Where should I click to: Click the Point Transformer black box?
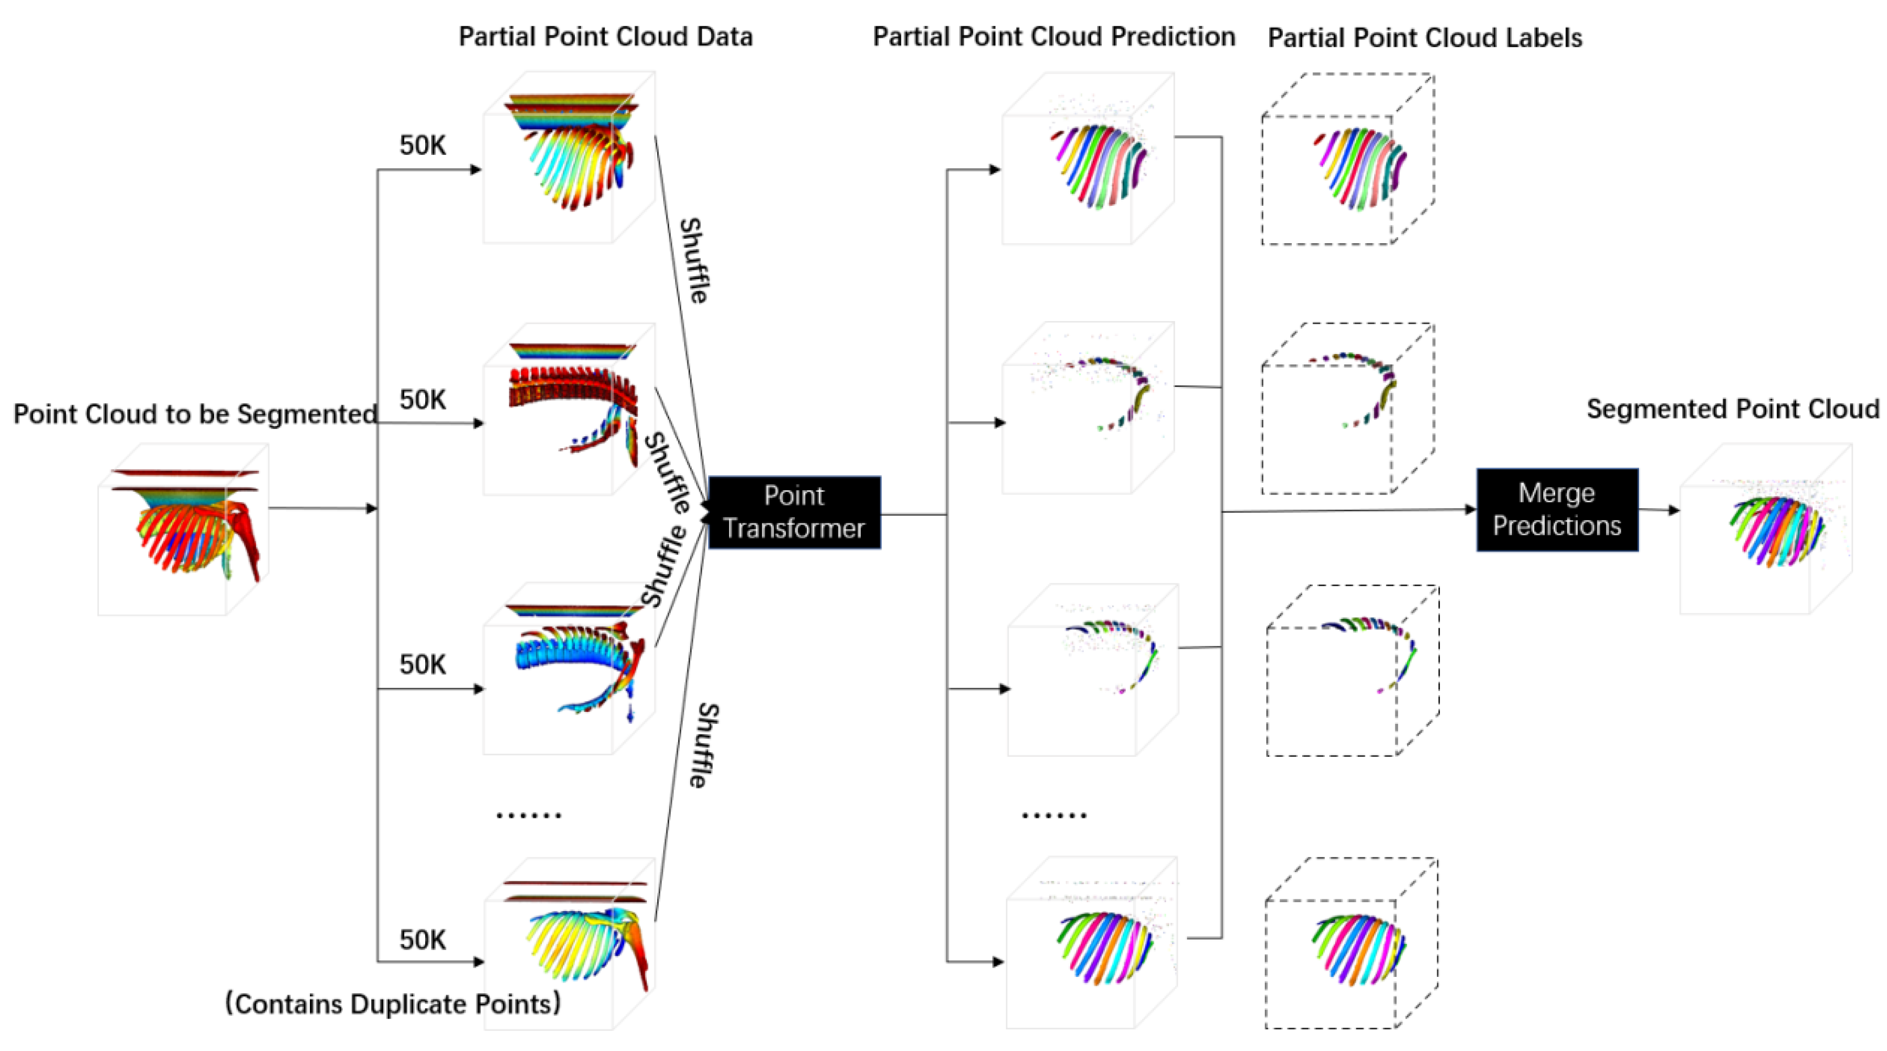pos(794,512)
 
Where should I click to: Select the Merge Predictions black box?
pos(1557,510)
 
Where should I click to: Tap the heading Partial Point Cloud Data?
pos(605,37)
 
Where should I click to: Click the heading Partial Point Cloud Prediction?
pos(1053,37)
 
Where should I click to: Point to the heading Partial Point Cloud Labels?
pos(1424,38)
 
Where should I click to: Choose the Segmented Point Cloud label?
pos(1732,409)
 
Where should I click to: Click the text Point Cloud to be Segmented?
pos(195,414)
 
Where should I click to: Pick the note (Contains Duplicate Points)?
pos(393,1003)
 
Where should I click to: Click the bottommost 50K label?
pos(423,940)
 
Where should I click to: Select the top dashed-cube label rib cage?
pos(1358,167)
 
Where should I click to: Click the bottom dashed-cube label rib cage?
pos(1358,948)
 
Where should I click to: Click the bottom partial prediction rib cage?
pos(1103,946)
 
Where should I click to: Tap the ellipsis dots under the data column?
pos(528,815)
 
